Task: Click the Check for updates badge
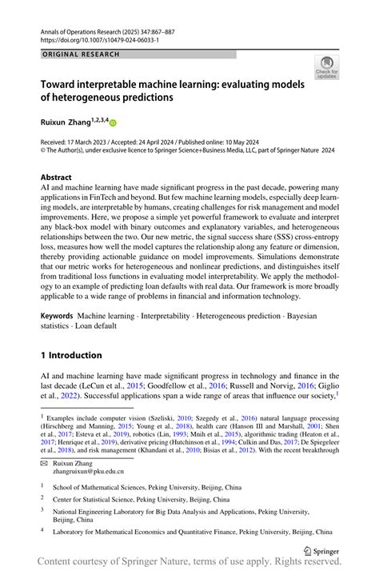click(326, 70)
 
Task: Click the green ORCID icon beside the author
click(113, 123)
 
